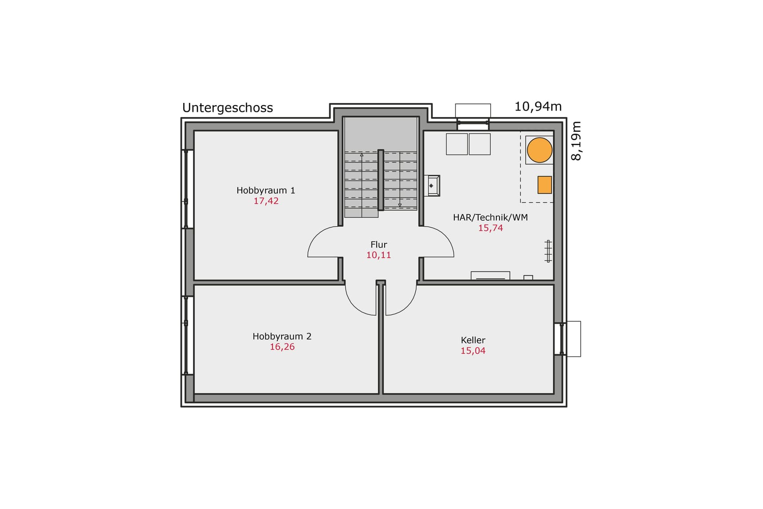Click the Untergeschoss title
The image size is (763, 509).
(228, 108)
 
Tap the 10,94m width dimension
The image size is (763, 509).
(538, 107)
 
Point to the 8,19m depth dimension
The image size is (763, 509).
(576, 141)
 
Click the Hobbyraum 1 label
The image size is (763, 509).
(266, 190)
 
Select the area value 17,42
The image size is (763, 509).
(266, 201)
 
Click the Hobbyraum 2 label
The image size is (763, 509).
(282, 336)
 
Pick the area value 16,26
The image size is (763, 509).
(282, 347)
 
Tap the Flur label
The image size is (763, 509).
(379, 245)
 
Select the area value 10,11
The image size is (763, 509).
(379, 255)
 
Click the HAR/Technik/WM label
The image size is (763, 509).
(490, 217)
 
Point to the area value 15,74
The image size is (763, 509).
(491, 228)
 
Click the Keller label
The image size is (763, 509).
(473, 340)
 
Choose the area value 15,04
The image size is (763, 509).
(473, 351)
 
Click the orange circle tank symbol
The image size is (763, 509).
(539, 150)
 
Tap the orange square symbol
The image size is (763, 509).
(545, 185)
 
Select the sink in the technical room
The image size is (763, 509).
(432, 185)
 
